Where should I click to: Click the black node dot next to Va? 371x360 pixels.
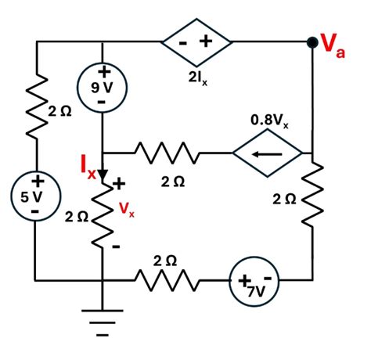tap(312, 41)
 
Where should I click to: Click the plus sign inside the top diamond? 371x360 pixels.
tap(209, 41)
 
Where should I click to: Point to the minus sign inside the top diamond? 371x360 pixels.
tap(182, 42)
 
